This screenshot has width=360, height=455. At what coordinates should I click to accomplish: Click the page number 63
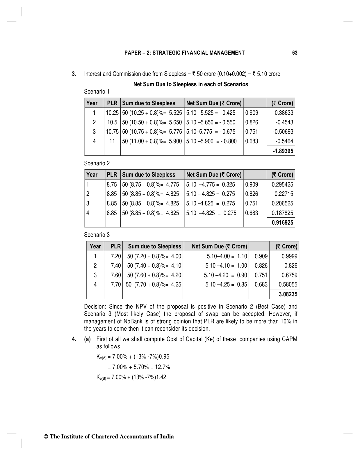coord(295,53)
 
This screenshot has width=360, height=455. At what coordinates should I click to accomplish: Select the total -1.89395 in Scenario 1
coord(283,151)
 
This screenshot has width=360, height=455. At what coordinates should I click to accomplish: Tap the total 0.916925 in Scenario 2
coord(282,223)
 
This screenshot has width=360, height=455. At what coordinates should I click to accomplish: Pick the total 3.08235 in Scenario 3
coord(288,294)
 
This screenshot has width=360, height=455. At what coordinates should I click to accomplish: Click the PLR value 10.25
coord(112,113)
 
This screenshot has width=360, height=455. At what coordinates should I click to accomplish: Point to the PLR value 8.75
coord(112,184)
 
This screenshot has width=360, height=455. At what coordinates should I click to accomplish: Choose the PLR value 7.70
coord(116,284)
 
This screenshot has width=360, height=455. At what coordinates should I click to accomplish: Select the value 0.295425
coord(282,184)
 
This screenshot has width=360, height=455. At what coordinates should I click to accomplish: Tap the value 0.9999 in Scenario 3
coord(289,256)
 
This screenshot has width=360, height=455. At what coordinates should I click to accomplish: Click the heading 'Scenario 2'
coord(97,163)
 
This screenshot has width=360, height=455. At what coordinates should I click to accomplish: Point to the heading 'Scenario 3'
coord(97,235)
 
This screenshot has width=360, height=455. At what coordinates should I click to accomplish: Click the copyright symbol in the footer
coord(45,437)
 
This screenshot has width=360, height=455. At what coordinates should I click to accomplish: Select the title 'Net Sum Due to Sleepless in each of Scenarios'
coord(190,84)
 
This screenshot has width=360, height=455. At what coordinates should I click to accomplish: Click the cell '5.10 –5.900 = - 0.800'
coord(211,141)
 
